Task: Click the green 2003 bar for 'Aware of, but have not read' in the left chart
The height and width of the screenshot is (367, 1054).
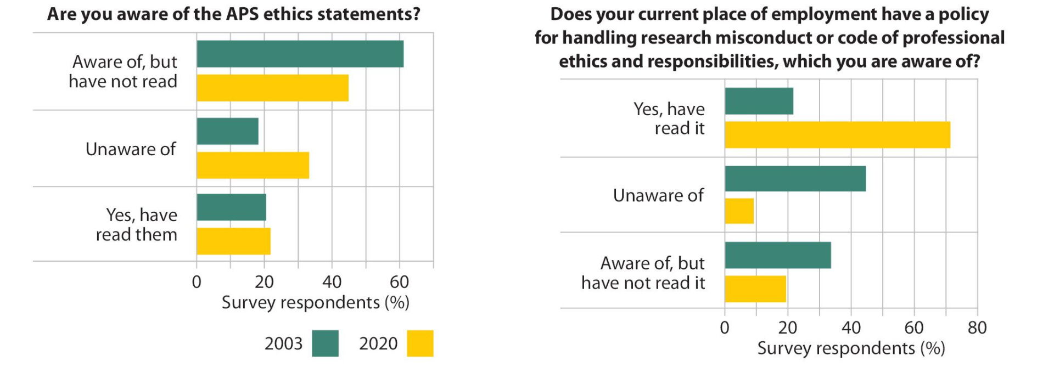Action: pos(300,54)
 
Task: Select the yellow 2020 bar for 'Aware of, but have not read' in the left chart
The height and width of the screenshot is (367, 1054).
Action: pos(273,88)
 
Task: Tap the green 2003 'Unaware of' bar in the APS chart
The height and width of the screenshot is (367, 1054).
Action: pos(228,131)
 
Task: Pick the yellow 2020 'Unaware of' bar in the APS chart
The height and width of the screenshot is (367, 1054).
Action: pos(253,165)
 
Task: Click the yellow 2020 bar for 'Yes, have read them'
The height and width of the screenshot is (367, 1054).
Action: pos(234,241)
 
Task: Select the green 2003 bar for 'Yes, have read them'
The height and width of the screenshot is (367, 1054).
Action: pos(232,207)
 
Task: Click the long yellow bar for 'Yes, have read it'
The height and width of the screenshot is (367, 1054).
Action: pos(838,135)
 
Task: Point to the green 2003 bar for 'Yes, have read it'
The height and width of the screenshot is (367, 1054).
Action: pos(759,101)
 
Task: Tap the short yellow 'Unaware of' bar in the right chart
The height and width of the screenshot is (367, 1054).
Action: pos(739,211)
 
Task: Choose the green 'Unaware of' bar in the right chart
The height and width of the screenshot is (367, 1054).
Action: pos(795,179)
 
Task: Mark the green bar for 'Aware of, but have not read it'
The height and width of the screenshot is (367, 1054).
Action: pos(778,255)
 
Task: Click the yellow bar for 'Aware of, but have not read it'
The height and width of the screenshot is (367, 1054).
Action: pos(755,289)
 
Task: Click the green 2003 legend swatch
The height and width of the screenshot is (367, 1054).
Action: pos(326,343)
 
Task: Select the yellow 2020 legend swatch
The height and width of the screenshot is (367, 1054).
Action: pos(421,343)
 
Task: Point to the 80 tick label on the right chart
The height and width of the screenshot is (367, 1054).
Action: pos(977,328)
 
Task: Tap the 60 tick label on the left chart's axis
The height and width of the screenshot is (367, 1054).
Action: pos(399,282)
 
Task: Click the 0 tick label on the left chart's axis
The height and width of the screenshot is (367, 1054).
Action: pos(197,282)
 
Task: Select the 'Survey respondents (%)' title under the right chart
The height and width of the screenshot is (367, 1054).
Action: pos(851,348)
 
